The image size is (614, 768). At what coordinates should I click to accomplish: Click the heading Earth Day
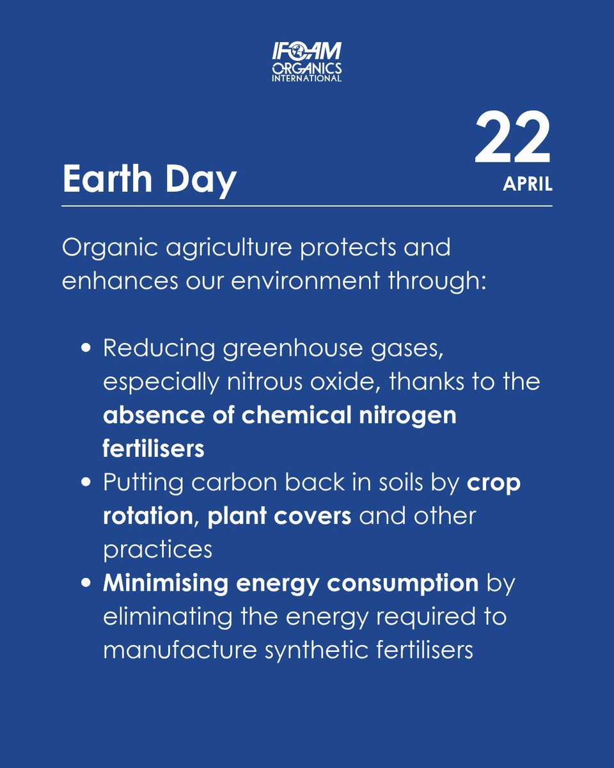pyautogui.click(x=150, y=180)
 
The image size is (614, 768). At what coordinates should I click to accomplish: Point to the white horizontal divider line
pyautogui.click(x=307, y=206)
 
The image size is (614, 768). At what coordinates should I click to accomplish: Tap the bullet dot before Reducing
pyautogui.click(x=88, y=349)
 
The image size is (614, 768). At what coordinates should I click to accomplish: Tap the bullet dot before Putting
pyautogui.click(x=88, y=483)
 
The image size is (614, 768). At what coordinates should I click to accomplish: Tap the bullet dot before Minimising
pyautogui.click(x=88, y=583)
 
